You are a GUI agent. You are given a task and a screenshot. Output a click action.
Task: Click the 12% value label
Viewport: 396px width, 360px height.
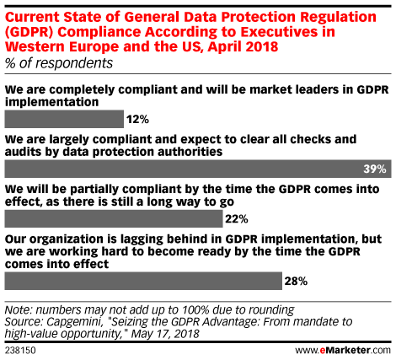pos(137,120)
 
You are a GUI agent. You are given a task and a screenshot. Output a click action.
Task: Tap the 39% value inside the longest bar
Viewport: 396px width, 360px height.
pos(375,169)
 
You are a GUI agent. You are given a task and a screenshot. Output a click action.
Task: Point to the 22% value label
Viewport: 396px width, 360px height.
pos(237,219)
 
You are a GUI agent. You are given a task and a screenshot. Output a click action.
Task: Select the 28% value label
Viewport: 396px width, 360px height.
pos(296,281)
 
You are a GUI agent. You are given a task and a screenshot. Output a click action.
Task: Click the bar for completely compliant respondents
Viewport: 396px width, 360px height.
pos(64,119)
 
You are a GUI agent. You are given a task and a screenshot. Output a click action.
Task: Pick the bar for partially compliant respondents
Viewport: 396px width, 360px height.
pos(114,218)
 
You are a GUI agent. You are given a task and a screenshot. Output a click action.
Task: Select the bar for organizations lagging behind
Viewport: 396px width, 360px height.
pos(143,281)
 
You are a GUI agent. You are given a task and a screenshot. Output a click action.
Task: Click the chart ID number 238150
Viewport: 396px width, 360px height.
pos(20,351)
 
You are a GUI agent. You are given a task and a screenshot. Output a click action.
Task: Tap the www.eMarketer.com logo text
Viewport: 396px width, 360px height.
pos(343,350)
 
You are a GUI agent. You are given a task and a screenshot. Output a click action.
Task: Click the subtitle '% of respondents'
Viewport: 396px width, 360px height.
pos(59,63)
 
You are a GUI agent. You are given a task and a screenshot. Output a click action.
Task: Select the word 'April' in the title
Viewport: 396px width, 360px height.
pos(224,46)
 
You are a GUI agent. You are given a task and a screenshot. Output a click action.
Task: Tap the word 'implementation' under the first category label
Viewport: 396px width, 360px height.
pos(51,102)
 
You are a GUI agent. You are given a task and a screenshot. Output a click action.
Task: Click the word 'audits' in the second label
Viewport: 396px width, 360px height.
pos(23,152)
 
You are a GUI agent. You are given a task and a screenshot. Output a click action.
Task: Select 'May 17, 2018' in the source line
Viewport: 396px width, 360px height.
pos(165,334)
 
